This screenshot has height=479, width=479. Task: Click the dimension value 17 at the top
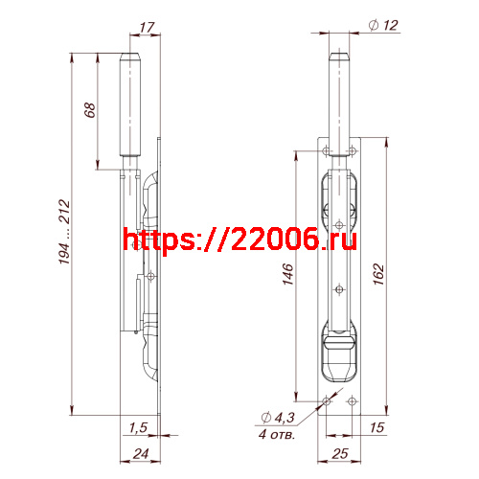pos(146,27)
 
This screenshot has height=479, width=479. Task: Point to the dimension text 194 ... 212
pos(63,234)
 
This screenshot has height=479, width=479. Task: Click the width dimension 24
pos(141,455)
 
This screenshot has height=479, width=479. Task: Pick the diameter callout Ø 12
pos(383,27)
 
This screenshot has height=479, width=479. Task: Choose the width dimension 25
pos(340,455)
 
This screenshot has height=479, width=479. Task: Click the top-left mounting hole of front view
pos(328,151)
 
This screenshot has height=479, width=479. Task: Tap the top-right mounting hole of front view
pos(352,151)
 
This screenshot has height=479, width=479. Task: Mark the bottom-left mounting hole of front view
pos(328,401)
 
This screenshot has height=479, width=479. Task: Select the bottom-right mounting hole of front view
pos(352,401)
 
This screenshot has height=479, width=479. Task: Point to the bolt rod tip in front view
pos(340,57)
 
